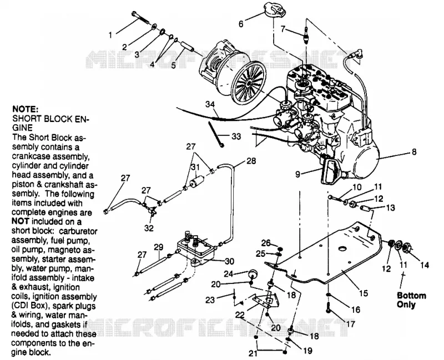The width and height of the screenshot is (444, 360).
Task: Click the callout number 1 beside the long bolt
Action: point(110,35)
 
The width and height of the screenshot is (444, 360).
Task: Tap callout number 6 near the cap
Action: point(241,24)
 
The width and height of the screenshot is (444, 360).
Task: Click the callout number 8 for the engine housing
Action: point(414,152)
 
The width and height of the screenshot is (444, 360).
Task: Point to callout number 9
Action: point(297,174)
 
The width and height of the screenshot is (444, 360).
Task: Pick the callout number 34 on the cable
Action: point(210,104)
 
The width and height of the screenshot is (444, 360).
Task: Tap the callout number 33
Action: point(236,136)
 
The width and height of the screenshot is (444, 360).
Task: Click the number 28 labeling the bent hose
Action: point(251,161)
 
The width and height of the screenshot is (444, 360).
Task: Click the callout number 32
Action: point(149,228)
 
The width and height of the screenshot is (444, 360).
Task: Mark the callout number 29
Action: point(159,247)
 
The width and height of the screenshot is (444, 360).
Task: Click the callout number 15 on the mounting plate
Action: point(364,293)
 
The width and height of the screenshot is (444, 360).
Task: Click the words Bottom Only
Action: point(411,300)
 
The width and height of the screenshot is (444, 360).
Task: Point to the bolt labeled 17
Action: point(329,307)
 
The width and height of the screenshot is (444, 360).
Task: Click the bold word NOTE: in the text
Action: point(26,109)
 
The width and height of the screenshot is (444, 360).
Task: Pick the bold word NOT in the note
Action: point(20,222)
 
